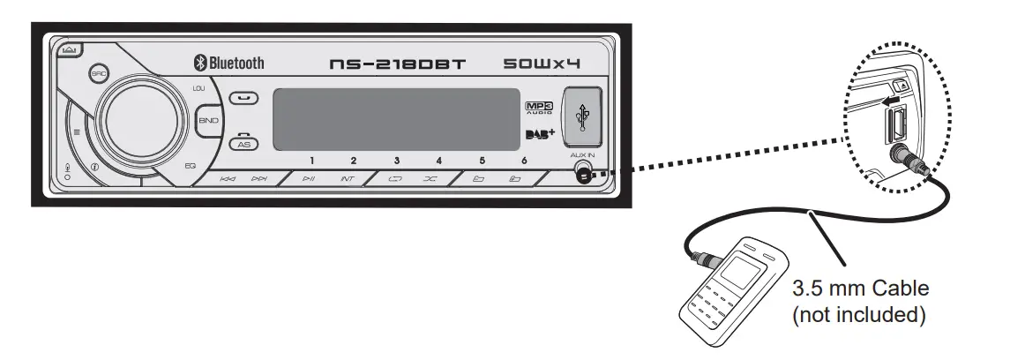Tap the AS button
click(244, 143)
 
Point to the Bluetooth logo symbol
click(199, 63)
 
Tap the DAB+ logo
click(539, 134)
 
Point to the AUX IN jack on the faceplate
click(583, 174)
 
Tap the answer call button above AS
click(243, 98)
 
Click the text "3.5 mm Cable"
click(861, 289)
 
